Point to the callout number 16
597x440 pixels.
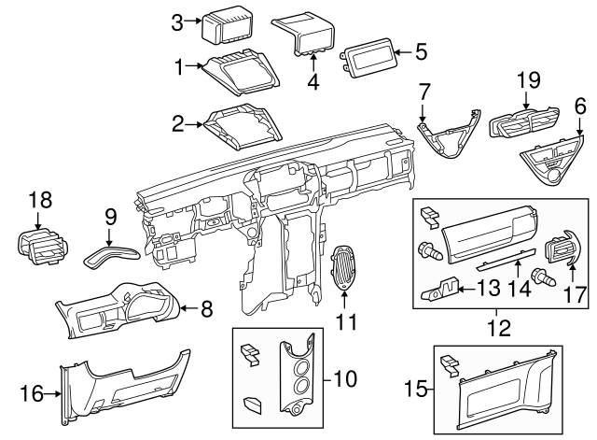(31, 394)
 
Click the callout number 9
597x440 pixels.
(109, 217)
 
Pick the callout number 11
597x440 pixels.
(346, 323)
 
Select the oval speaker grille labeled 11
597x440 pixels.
(346, 264)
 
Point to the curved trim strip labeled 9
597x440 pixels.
(108, 253)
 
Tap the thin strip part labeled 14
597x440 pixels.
(510, 257)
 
